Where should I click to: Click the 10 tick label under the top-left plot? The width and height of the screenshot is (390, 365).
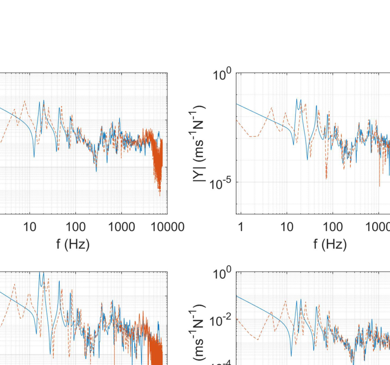click(x=30, y=228)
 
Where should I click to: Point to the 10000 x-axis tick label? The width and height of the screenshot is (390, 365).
click(x=165, y=228)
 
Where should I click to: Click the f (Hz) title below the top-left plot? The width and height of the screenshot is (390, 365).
click(x=73, y=244)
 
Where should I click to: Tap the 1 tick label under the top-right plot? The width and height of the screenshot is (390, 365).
click(x=240, y=228)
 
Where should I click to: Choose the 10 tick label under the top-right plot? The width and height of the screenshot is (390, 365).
click(x=287, y=228)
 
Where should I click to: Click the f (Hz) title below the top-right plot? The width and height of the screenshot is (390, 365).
click(x=330, y=244)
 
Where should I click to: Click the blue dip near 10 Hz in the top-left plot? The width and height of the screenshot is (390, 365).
click(x=34, y=155)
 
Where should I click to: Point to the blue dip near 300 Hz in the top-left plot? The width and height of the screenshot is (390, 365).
click(x=96, y=170)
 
